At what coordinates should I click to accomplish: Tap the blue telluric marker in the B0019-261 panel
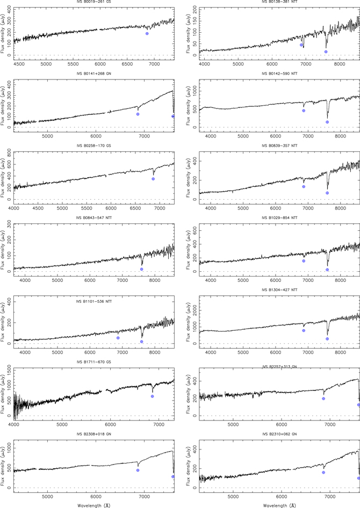(147, 33)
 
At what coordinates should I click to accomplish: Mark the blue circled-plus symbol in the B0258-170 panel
(153, 179)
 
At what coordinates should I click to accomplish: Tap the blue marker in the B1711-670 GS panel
(152, 396)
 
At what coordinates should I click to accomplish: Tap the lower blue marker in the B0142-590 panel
(327, 122)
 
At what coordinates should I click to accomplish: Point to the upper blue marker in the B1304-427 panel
(304, 331)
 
